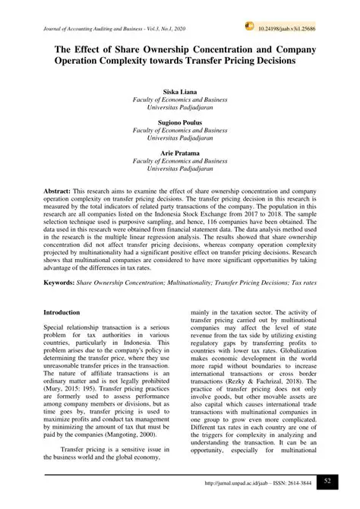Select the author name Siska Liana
179,92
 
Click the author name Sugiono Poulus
179,122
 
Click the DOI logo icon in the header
249,27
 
